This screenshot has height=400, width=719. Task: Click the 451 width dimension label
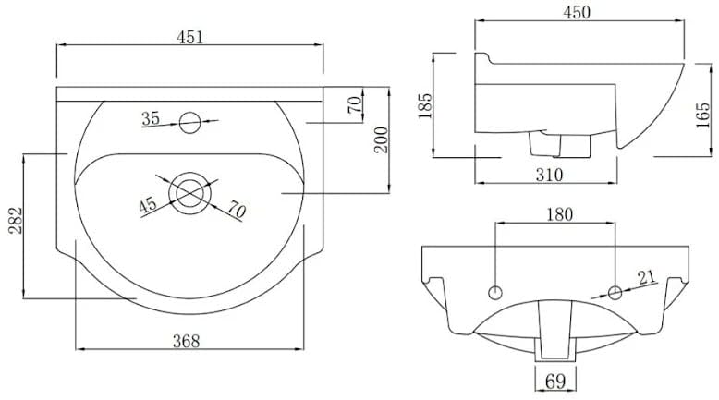coord(189,37)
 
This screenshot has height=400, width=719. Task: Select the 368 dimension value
coord(186,341)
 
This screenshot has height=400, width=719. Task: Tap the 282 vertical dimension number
coord(15,221)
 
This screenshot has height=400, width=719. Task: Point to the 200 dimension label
coord(381,140)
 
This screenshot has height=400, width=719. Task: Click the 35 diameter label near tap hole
coord(151,118)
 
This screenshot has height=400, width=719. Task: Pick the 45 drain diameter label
coord(148,205)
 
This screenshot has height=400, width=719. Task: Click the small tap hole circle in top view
coord(189,122)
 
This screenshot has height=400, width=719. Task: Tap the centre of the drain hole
coord(189,193)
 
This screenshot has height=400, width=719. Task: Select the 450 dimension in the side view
coord(577,12)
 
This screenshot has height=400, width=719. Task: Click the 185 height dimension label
coord(425,106)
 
